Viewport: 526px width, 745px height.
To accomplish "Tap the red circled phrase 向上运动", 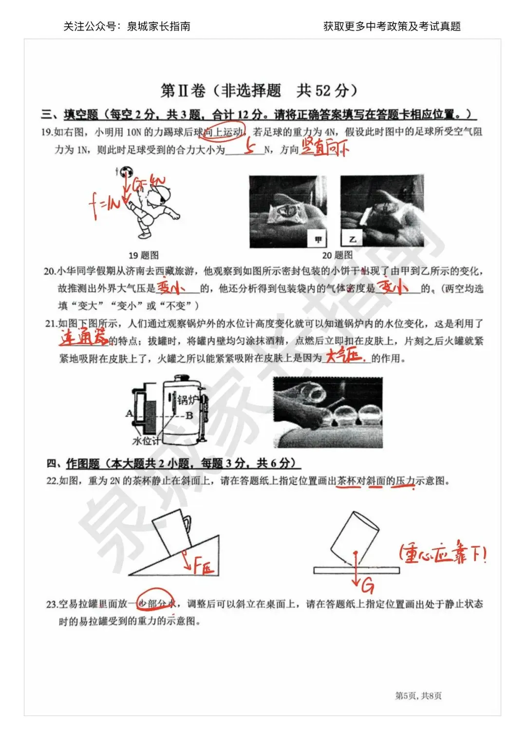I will coord(225,132).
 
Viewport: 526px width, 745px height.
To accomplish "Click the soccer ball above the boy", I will coord(128,172).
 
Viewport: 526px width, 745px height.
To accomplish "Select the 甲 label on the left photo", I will coord(318,239).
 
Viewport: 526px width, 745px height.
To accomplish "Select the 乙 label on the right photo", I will coord(352,239).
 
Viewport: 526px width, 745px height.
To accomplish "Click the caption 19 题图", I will coord(143,255).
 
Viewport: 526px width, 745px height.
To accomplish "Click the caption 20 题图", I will coord(337,255).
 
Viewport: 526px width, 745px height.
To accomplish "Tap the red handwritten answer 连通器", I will coord(83,337).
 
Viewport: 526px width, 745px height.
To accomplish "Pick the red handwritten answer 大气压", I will coord(344,356).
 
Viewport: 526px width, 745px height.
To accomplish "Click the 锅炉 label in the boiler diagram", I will coord(187,400).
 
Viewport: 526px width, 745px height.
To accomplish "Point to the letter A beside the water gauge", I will coord(129,414).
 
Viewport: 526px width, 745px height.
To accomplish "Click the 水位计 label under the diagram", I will coord(146,441).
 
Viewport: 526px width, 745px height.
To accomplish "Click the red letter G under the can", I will coord(368,585).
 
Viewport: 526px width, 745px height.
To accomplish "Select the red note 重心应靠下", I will coord(442,554).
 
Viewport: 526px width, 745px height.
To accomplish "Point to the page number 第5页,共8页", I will coord(418,696).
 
